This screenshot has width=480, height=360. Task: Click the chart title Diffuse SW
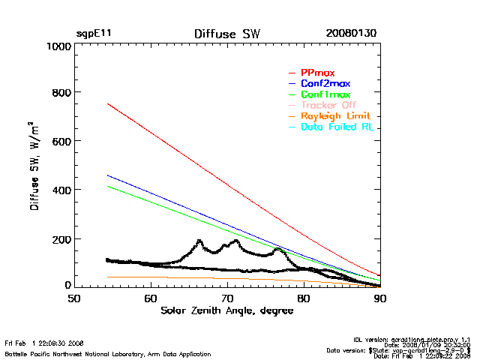point(226,34)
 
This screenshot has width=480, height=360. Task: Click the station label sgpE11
point(94,34)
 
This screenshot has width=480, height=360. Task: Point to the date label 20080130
point(351,34)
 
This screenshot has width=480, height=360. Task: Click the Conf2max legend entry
point(325,83)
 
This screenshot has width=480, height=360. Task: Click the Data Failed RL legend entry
point(337,127)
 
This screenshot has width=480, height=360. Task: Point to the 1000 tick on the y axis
point(57,46)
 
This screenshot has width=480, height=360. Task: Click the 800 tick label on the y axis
point(60,93)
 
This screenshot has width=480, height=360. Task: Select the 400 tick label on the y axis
point(60,190)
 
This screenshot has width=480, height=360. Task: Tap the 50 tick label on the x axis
point(74,298)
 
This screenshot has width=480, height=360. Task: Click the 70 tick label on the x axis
point(227,298)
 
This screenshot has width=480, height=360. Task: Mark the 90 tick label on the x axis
point(380,298)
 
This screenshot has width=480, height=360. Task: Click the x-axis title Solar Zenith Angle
point(226,310)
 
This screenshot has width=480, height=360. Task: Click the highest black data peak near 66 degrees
point(199,241)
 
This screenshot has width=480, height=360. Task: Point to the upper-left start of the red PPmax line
point(109,103)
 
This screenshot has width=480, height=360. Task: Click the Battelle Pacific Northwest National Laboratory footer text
point(107,353)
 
